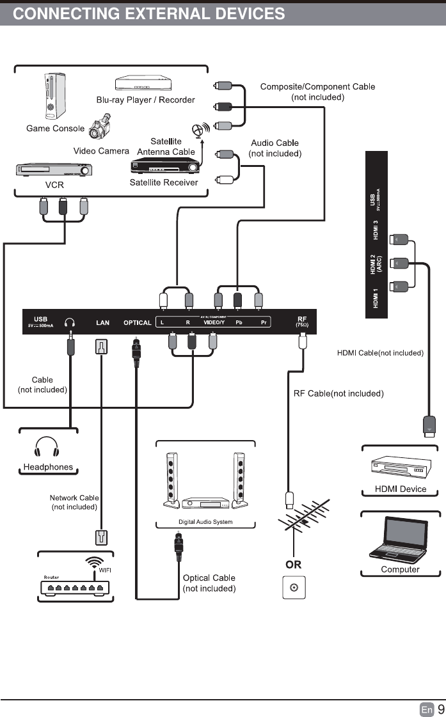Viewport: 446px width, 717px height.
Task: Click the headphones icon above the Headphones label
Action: pos(47,448)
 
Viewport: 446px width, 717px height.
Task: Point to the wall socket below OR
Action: pos(294,587)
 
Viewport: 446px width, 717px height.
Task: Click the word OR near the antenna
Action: pos(293,565)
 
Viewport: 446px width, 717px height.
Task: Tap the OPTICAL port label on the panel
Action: pos(137,322)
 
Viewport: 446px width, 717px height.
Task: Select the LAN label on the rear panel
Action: pos(103,322)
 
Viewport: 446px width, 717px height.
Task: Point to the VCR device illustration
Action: pos(54,171)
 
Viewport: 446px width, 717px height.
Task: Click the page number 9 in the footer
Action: pos(440,709)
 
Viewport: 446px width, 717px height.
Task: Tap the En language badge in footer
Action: pos(427,709)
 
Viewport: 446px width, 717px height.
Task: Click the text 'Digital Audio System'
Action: pos(205,522)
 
